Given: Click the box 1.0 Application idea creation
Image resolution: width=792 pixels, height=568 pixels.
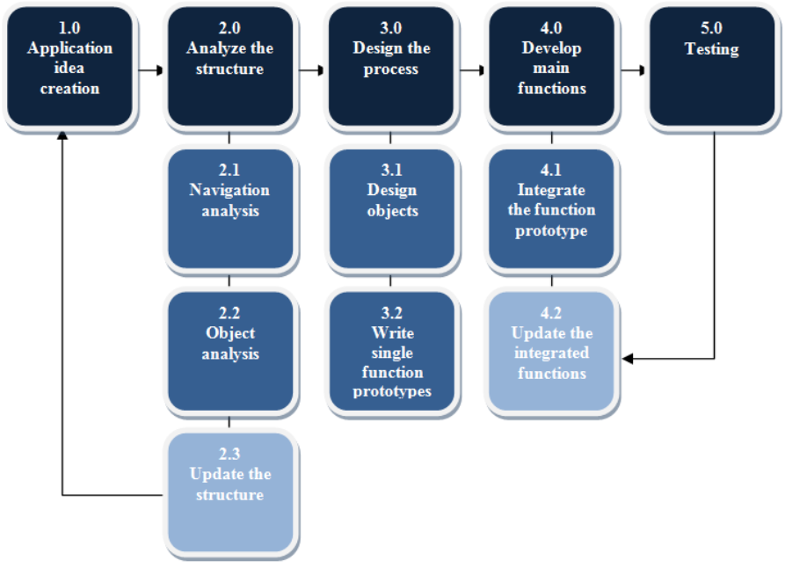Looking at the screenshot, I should (69, 67).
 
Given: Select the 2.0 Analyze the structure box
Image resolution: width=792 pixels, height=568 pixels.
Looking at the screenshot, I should (230, 67).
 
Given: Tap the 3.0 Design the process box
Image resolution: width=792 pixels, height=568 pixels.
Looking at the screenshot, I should (391, 67).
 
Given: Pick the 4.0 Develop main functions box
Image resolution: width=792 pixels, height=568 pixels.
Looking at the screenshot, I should (552, 67).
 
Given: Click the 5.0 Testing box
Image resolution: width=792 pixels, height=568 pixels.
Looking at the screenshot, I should (712, 67).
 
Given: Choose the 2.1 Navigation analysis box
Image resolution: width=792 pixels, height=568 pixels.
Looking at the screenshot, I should (230, 209).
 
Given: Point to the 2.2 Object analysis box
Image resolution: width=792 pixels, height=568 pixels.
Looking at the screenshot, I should (230, 352).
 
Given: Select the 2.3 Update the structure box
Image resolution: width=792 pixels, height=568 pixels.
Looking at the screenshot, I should (230, 493).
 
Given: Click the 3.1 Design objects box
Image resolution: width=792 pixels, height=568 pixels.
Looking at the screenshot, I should (391, 209).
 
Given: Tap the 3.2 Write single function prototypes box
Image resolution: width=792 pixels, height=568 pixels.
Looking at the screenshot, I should (391, 352).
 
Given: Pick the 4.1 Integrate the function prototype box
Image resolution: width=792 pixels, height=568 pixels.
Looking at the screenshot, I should (552, 209).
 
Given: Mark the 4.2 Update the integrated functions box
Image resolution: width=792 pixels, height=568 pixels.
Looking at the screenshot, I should (552, 352).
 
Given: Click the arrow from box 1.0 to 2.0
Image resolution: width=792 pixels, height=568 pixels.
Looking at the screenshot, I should (150, 69).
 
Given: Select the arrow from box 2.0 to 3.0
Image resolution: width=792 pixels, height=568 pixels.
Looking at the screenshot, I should (311, 69).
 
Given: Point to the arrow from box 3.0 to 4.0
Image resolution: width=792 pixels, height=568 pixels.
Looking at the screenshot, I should (472, 69).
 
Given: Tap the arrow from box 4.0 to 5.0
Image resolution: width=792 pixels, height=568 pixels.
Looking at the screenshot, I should (633, 69).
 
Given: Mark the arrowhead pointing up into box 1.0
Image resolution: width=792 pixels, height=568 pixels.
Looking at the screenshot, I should (63, 135).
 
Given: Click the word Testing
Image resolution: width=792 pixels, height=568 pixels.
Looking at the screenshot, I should (712, 49).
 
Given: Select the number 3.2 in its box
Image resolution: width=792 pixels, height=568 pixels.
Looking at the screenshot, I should (392, 312).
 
